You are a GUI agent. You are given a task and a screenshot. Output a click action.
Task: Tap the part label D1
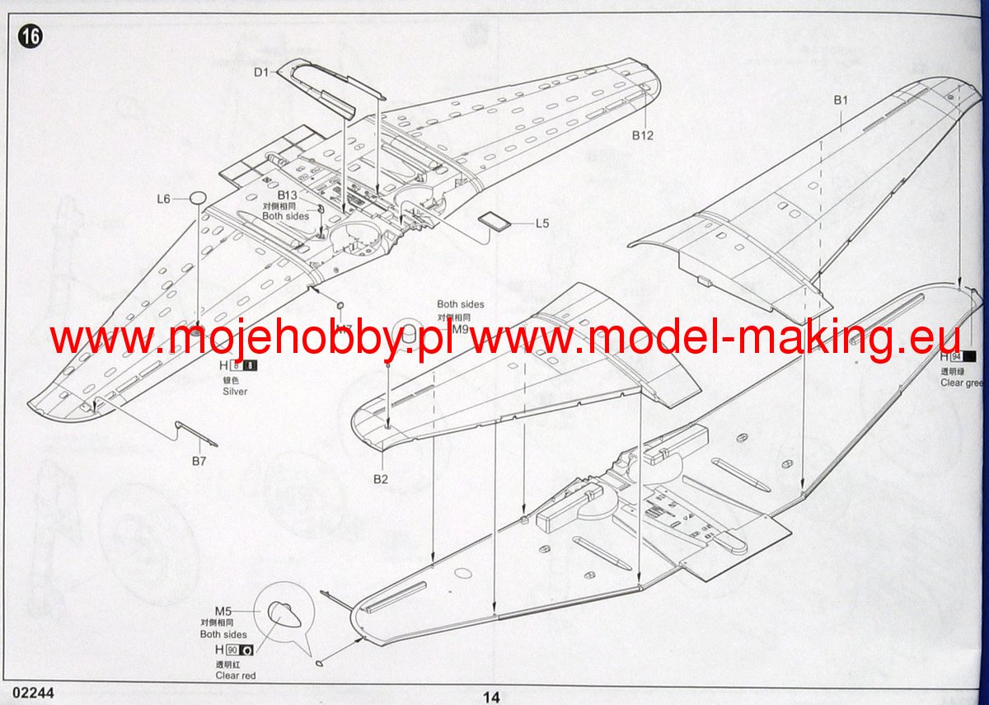click(x=261, y=73)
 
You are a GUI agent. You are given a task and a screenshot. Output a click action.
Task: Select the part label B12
click(x=643, y=135)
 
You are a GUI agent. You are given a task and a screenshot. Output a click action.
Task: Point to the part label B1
click(x=840, y=100)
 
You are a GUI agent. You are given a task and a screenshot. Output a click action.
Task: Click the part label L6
click(x=163, y=199)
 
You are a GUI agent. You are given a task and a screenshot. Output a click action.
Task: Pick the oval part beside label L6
click(x=197, y=198)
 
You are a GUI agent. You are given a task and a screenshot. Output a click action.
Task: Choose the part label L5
click(x=541, y=223)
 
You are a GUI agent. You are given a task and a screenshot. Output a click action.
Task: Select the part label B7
click(x=199, y=461)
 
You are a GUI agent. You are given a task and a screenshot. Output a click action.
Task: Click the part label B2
click(x=380, y=479)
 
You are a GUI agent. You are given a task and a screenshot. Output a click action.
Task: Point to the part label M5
click(x=223, y=611)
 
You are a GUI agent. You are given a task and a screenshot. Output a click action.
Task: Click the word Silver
click(x=235, y=392)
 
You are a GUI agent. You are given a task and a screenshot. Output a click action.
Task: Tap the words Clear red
click(x=236, y=675)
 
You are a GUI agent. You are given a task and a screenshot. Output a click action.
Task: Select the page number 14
click(x=491, y=697)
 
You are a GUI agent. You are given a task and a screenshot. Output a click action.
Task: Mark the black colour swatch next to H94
click(x=969, y=357)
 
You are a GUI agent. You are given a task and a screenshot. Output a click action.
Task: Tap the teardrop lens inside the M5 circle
click(x=281, y=614)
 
